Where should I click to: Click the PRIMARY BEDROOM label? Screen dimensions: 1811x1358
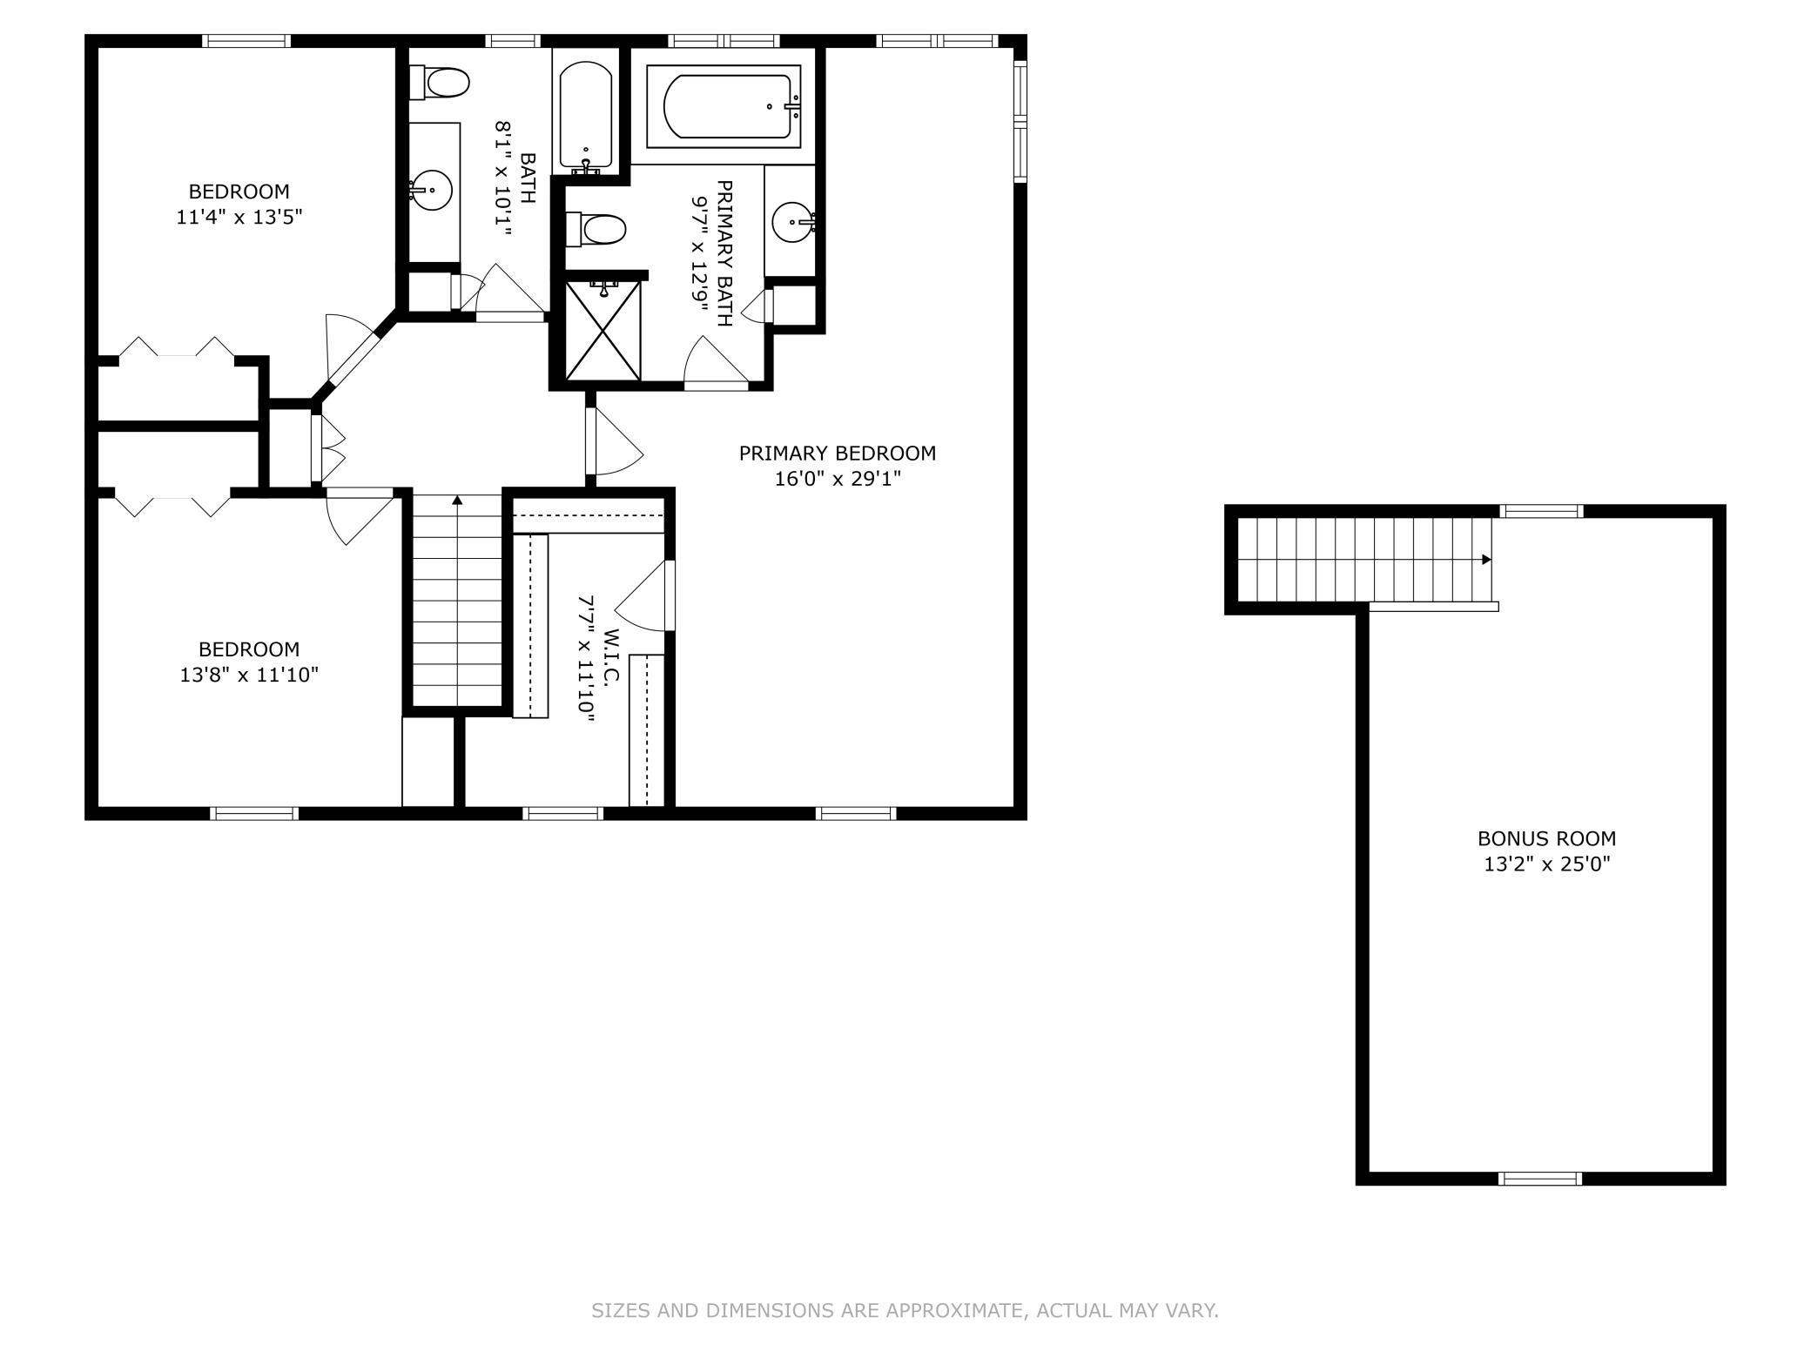pyautogui.click(x=837, y=453)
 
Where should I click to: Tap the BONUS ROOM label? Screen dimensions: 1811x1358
pyautogui.click(x=1546, y=838)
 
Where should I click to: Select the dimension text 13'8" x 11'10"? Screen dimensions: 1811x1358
pyautogui.click(x=249, y=675)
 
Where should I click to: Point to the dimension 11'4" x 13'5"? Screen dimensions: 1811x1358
pyautogui.click(x=239, y=217)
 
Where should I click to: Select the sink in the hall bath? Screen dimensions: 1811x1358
pyautogui.click(x=431, y=191)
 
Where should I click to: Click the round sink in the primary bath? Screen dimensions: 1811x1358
pyautogui.click(x=793, y=223)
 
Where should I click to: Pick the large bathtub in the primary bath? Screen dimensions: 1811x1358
pyautogui.click(x=724, y=107)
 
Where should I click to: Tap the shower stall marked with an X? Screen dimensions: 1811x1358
pyautogui.click(x=603, y=330)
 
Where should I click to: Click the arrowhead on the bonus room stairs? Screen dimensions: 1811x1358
pyautogui.click(x=1486, y=560)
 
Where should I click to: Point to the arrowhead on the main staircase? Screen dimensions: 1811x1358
pyautogui.click(x=457, y=500)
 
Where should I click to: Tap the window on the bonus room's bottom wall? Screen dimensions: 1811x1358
pyautogui.click(x=1539, y=1179)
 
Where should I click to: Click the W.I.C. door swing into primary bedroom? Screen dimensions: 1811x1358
pyautogui.click(x=644, y=595)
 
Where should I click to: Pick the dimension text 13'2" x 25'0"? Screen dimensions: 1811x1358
pyautogui.click(x=1546, y=864)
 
